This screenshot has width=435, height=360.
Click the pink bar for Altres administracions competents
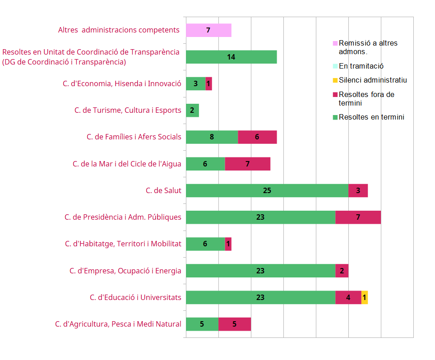click(x=208, y=30)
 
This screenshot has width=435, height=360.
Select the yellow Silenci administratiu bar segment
click(x=365, y=298)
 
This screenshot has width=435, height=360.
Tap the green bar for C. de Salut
click(x=267, y=191)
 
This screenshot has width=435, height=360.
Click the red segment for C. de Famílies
click(x=257, y=137)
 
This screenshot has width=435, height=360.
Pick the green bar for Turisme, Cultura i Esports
click(x=192, y=111)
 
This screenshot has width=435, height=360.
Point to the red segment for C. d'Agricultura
click(x=235, y=324)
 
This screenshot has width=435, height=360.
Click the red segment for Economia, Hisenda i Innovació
click(x=209, y=84)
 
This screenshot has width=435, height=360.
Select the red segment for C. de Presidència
click(x=358, y=217)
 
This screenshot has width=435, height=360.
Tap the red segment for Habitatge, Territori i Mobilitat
click(x=228, y=244)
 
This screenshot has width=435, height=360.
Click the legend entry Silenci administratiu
click(x=373, y=80)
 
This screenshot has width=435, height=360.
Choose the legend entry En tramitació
click(x=361, y=66)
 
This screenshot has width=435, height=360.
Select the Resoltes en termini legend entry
click(x=371, y=117)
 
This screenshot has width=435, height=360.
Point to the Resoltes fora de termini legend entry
click(x=366, y=99)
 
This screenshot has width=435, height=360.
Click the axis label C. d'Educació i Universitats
click(x=135, y=298)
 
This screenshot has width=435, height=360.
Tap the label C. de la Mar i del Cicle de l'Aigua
click(x=127, y=164)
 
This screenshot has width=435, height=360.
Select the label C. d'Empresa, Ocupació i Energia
click(x=125, y=271)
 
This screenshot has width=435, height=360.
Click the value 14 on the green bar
click(x=231, y=57)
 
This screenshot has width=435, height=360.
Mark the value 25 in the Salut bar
click(x=267, y=191)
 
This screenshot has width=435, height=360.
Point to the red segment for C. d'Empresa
click(x=342, y=271)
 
